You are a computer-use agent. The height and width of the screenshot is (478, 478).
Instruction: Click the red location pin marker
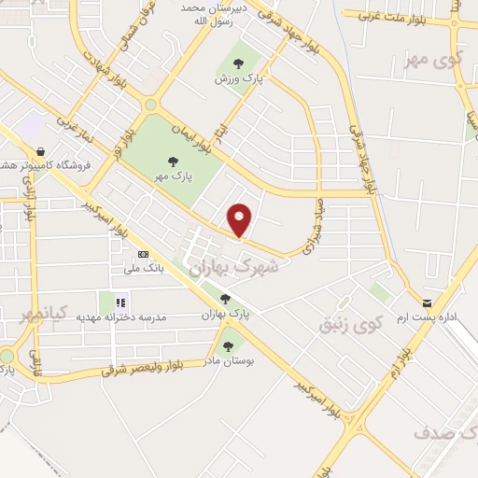[x=240, y=220]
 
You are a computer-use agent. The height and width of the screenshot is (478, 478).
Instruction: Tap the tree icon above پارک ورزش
[x=238, y=63]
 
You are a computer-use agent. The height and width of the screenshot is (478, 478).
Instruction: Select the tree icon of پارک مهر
[x=171, y=161]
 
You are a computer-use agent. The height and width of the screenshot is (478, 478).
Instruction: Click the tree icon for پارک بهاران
[x=225, y=299]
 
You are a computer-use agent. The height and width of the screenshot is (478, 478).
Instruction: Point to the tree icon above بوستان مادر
[x=228, y=346]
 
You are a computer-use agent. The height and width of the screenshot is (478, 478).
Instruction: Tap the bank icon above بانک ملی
[x=143, y=254]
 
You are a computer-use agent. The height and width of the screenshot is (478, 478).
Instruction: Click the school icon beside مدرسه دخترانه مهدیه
[x=120, y=302]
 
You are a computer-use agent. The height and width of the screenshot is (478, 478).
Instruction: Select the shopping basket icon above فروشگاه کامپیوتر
[x=40, y=151]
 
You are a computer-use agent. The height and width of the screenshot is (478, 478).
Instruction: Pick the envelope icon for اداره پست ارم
[x=427, y=302]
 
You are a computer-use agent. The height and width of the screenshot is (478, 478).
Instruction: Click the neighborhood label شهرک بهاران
[x=233, y=267]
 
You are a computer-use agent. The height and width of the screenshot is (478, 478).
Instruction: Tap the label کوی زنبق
[x=351, y=325]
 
